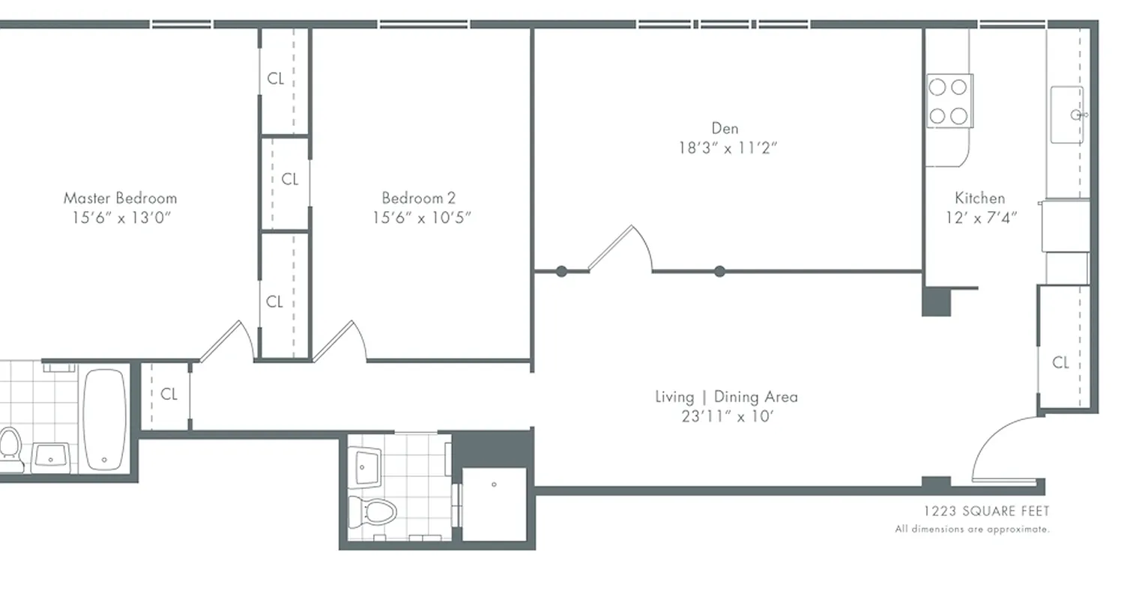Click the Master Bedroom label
pyautogui.click(x=120, y=198)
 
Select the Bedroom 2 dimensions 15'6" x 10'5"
pyautogui.click(x=422, y=218)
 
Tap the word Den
pyautogui.click(x=725, y=129)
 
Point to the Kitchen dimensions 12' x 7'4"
pyautogui.click(x=979, y=218)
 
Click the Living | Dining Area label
pyautogui.click(x=726, y=397)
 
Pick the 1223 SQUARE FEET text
pyautogui.click(x=986, y=511)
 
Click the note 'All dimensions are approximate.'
pyautogui.click(x=972, y=529)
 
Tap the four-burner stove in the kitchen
pyautogui.click(x=949, y=101)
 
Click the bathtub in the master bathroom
pyautogui.click(x=104, y=420)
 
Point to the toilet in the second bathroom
pyautogui.click(x=372, y=513)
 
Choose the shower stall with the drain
pyautogui.click(x=494, y=502)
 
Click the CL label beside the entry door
pyautogui.click(x=1060, y=363)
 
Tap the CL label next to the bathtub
pyautogui.click(x=169, y=395)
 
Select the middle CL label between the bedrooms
pyautogui.click(x=289, y=180)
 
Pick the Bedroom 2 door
pyautogui.click(x=339, y=342)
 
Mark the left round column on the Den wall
pyautogui.click(x=561, y=272)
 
